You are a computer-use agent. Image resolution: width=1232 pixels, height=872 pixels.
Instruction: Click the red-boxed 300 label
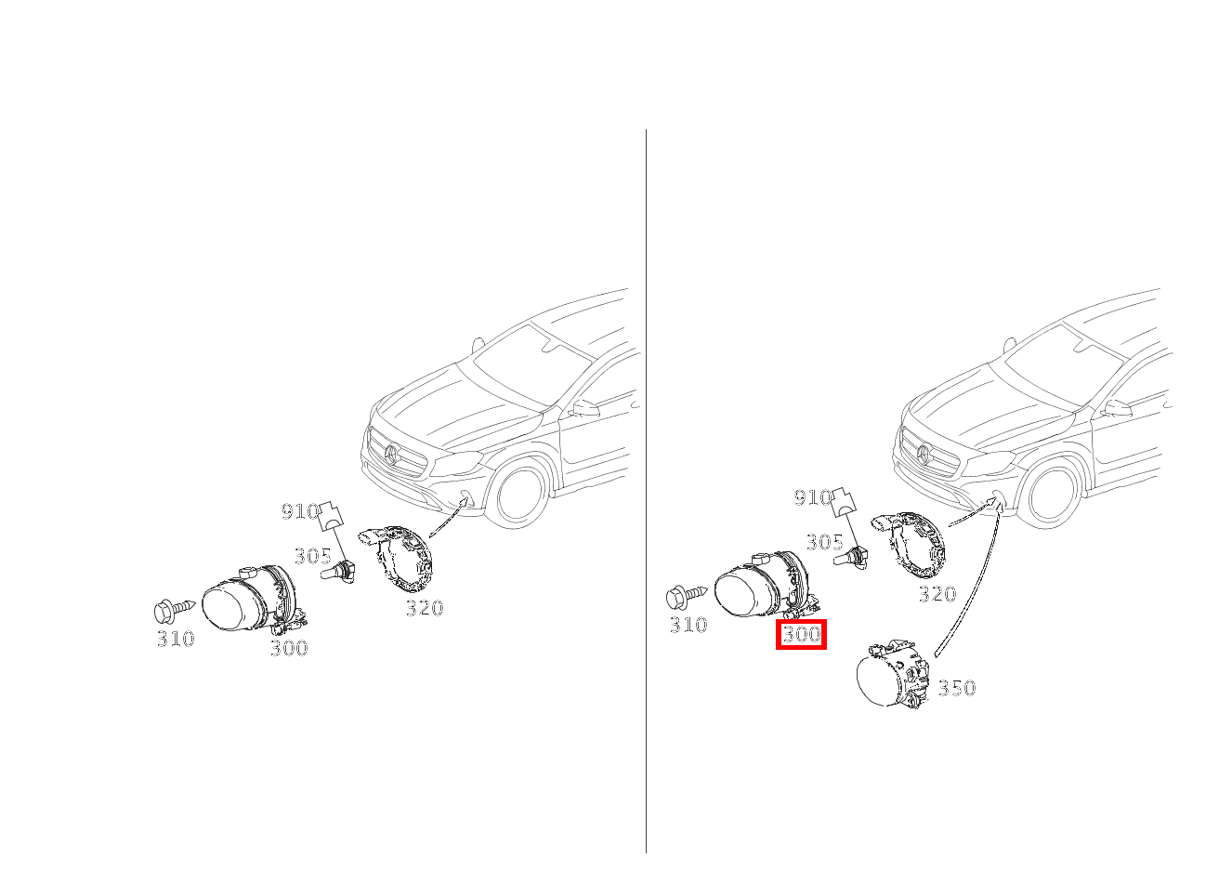tap(801, 635)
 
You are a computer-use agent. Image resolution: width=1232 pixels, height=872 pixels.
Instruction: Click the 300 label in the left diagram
tap(289, 649)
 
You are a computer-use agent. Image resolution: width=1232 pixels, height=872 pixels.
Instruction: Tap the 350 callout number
tap(956, 688)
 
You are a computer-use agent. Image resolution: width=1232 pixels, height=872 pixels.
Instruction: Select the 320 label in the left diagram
tap(424, 609)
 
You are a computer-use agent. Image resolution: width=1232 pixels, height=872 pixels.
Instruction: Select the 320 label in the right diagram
tap(937, 594)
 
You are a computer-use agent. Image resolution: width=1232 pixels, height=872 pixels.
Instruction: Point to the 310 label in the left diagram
tap(176, 639)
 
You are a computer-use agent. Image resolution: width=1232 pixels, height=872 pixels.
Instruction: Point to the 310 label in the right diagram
tap(688, 625)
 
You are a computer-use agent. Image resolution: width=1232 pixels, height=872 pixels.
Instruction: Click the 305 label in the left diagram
tap(313, 556)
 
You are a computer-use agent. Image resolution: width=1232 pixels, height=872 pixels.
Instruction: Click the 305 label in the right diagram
tap(825, 542)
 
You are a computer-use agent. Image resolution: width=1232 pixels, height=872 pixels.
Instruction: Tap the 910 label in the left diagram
tap(299, 511)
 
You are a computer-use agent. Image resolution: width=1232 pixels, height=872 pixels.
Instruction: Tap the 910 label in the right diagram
tap(812, 498)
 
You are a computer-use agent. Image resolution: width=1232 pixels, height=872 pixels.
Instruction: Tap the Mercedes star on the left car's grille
tap(391, 454)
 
